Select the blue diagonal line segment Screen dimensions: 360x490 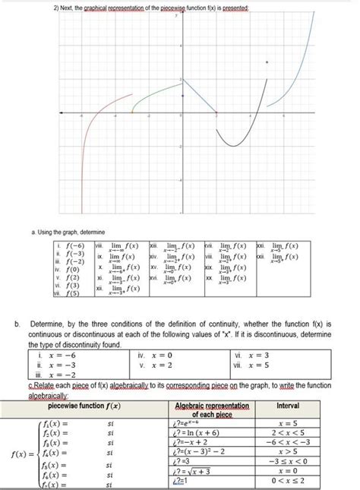click(200, 96)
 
